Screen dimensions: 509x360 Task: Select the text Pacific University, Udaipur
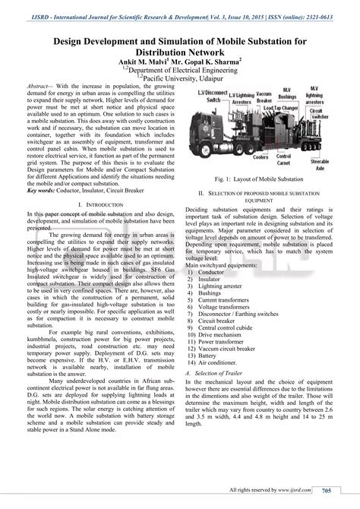click(x=182, y=77)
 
